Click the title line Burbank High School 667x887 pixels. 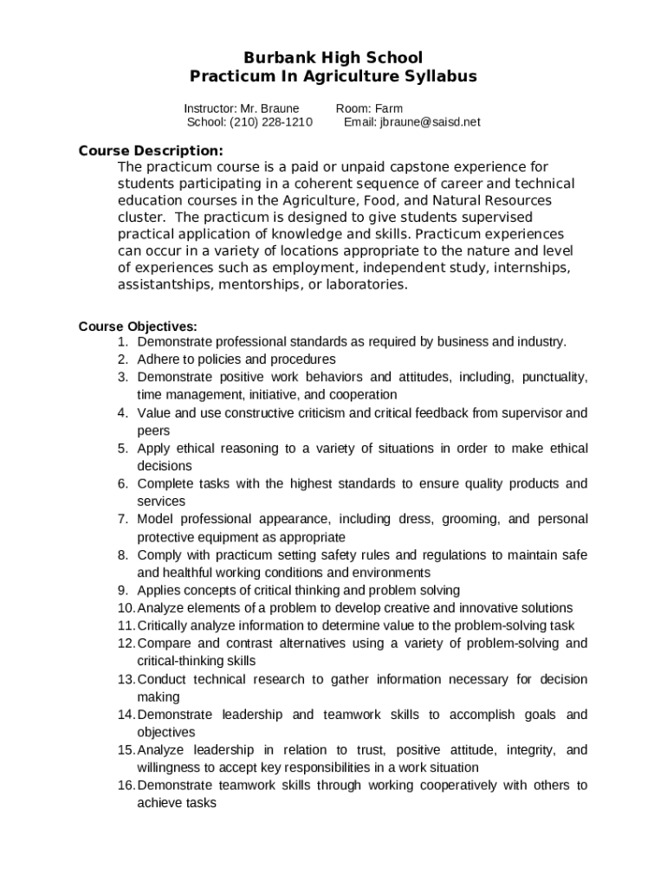point(333,58)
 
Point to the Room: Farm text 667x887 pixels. point(369,108)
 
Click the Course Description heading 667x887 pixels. point(151,149)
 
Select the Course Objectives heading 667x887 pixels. point(138,327)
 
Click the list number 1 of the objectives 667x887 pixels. point(124,342)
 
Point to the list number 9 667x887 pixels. point(124,591)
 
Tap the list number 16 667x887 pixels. point(126,786)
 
